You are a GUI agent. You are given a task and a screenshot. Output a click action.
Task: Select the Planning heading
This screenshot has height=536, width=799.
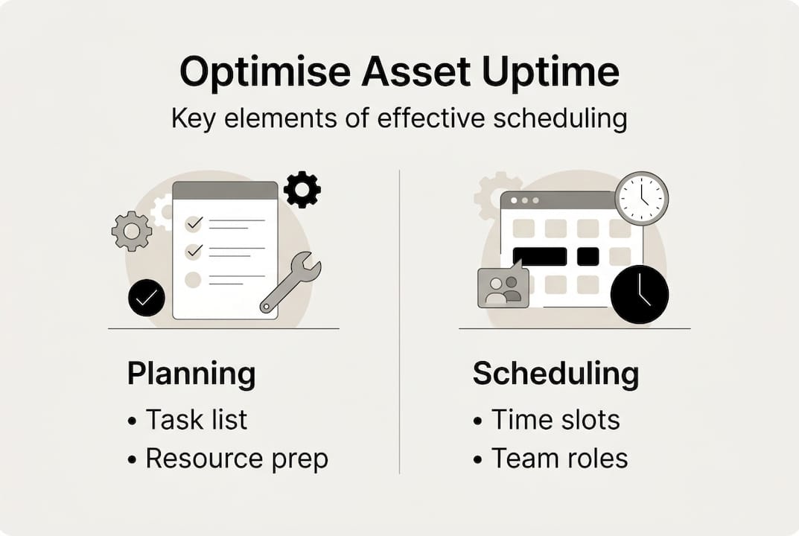[191, 373]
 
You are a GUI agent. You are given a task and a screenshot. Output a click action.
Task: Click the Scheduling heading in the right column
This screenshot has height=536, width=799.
[556, 373]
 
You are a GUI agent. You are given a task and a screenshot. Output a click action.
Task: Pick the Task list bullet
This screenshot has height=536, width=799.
[196, 419]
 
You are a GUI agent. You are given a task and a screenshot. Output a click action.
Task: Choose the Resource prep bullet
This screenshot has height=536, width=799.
[236, 459]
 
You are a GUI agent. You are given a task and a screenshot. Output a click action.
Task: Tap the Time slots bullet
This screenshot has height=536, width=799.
[555, 419]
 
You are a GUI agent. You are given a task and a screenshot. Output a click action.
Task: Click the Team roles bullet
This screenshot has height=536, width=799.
[558, 459]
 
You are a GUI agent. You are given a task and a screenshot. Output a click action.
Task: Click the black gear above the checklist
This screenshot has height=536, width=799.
[302, 189]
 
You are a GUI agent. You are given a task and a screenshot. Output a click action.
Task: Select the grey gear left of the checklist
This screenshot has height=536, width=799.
[132, 231]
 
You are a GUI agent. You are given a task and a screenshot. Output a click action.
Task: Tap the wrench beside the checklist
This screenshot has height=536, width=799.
[291, 281]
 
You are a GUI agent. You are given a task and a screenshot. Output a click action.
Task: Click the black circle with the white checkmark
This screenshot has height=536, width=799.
[147, 298]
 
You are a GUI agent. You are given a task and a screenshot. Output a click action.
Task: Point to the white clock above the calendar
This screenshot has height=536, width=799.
[641, 198]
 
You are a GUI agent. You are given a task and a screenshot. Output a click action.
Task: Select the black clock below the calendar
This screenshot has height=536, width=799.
[640, 294]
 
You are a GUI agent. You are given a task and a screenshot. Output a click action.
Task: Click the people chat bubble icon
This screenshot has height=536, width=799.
[503, 287]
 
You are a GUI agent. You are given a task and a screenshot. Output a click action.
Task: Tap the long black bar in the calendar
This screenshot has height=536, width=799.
[540, 256]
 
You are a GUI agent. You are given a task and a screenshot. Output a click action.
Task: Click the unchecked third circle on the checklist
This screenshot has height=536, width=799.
[193, 280]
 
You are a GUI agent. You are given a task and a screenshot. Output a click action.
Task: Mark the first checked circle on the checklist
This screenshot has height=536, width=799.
[193, 223]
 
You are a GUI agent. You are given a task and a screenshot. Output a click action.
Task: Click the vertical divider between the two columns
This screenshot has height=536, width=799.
[400, 320]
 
